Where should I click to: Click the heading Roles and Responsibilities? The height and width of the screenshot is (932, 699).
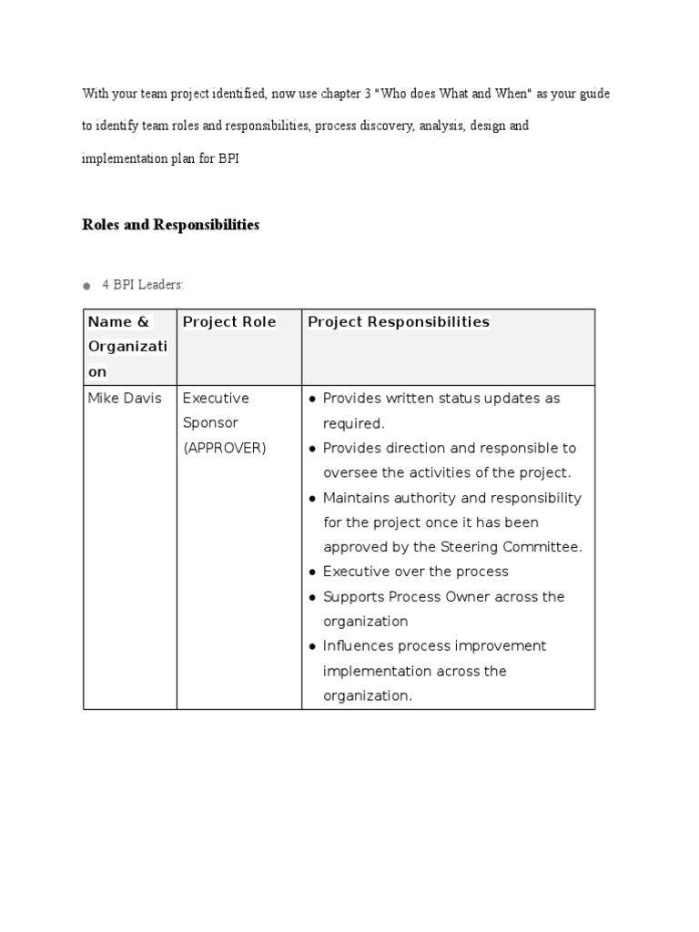tap(171, 225)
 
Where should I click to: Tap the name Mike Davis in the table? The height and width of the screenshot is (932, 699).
tap(125, 399)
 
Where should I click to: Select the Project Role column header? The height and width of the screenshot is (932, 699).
tap(229, 322)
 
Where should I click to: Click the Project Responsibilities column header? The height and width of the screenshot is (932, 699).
tap(399, 322)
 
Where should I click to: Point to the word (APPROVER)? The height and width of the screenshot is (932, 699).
tap(225, 449)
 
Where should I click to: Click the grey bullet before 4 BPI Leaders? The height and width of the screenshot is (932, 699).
tap(86, 286)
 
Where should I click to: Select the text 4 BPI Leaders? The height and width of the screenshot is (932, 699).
tap(143, 285)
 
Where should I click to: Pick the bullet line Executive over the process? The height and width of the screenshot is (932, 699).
tap(415, 572)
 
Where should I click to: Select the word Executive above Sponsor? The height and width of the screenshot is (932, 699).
tap(216, 399)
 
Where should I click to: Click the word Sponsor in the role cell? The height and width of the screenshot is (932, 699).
tap(210, 423)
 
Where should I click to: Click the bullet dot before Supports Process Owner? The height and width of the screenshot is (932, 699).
tap(312, 597)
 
